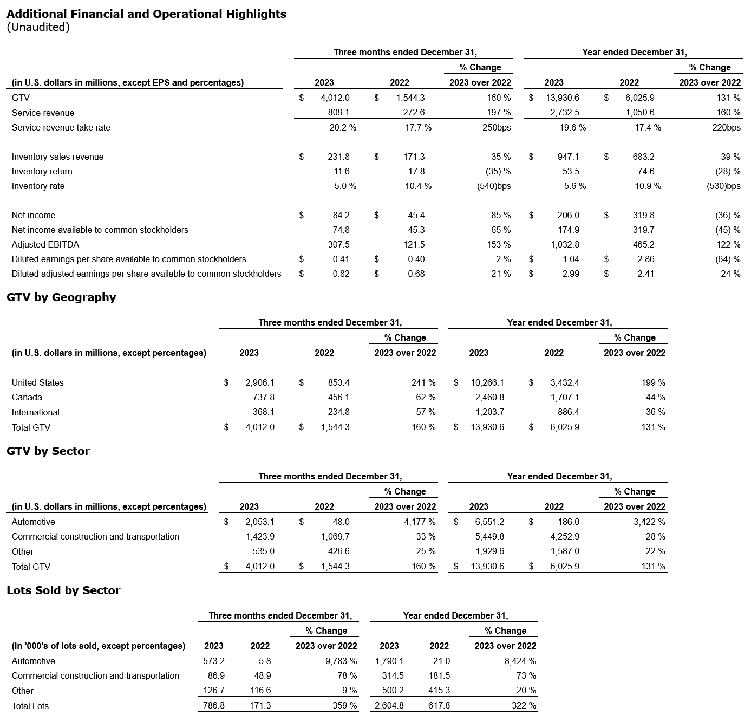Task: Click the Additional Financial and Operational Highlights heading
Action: (146, 14)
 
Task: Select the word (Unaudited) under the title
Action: (38, 27)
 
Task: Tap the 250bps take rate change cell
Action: (496, 128)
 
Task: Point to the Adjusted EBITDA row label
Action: (45, 245)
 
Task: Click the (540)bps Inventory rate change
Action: (492, 186)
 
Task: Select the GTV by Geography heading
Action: (61, 297)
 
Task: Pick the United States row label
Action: (37, 383)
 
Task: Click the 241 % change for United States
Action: (423, 383)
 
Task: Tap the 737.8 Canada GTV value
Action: (263, 398)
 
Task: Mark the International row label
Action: (36, 413)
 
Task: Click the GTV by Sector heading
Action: (48, 451)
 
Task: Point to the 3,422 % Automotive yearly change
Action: (649, 522)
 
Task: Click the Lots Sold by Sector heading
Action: (63, 590)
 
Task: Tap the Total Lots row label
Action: (30, 706)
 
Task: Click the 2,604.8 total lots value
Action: (389, 706)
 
